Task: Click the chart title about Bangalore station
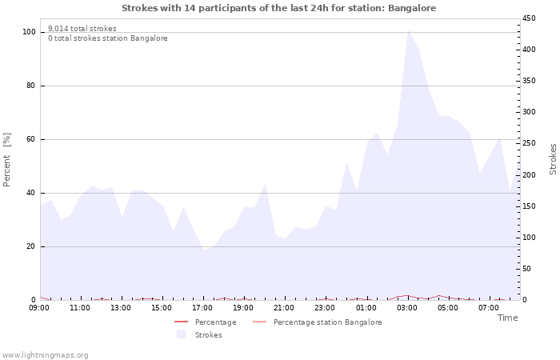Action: click(x=279, y=8)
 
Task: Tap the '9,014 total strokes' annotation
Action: click(x=82, y=29)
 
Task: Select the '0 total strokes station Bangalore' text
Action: click(x=107, y=38)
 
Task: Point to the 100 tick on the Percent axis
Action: click(x=29, y=32)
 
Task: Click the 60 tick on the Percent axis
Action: click(x=30, y=139)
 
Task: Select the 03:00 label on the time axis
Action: click(x=406, y=308)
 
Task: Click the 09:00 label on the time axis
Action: click(x=39, y=308)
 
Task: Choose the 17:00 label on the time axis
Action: click(x=202, y=308)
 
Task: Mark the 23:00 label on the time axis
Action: click(x=325, y=308)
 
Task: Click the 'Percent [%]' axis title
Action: click(x=7, y=160)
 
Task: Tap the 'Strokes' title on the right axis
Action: click(x=553, y=159)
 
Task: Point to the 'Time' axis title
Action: click(x=507, y=318)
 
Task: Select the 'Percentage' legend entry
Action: click(x=215, y=322)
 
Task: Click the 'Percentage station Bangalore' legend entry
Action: click(x=327, y=322)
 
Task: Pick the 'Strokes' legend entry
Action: click(x=208, y=335)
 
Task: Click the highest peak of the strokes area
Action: click(x=408, y=30)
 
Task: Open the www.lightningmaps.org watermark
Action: click(x=45, y=354)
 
